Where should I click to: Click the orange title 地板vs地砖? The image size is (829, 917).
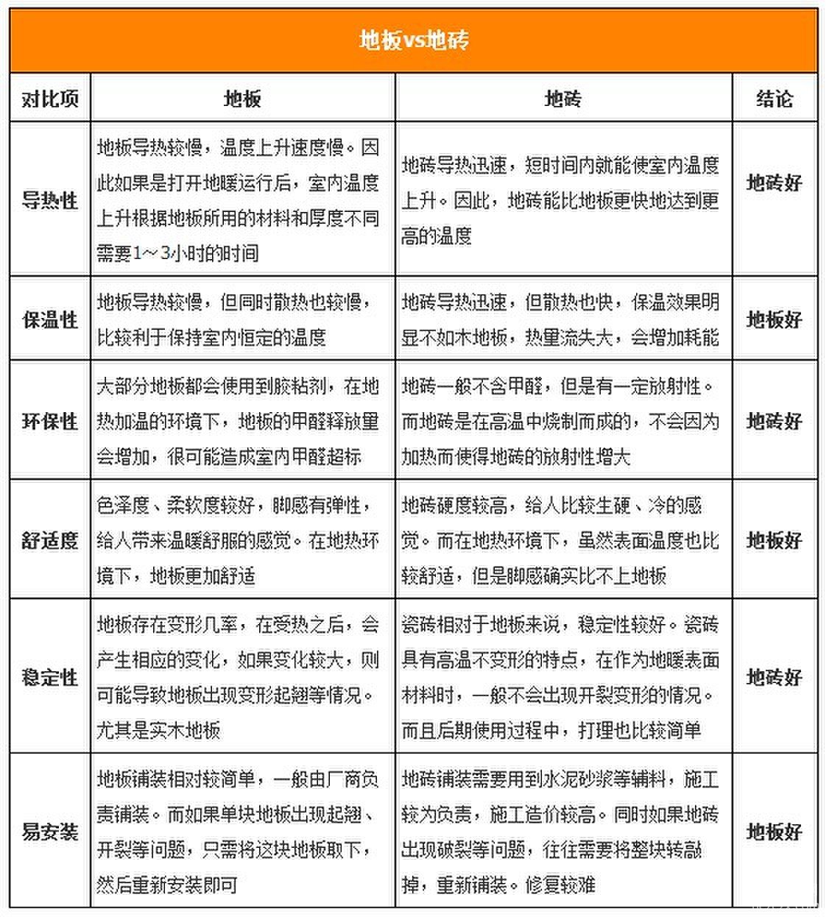414,40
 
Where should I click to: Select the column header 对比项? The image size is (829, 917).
50,98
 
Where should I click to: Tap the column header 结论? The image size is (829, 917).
775,98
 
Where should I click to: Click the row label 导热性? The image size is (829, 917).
50,199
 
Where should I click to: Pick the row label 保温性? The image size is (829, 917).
50,319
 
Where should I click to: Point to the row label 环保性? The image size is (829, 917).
50,421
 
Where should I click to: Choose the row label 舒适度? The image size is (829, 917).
50,540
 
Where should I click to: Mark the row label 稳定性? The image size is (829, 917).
50,677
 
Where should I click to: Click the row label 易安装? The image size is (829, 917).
50,832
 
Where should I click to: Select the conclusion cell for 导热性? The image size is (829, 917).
775,183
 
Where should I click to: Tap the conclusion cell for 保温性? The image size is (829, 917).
775,319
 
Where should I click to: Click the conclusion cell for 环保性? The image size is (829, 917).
775,421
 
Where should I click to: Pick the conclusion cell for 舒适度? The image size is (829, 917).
775,540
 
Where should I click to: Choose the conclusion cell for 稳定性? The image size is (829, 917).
775,677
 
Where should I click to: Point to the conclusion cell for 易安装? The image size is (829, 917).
775,832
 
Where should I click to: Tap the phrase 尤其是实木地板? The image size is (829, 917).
158,730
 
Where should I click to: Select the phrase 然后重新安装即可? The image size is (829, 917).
167,884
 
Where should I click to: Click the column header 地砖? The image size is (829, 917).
563,98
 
